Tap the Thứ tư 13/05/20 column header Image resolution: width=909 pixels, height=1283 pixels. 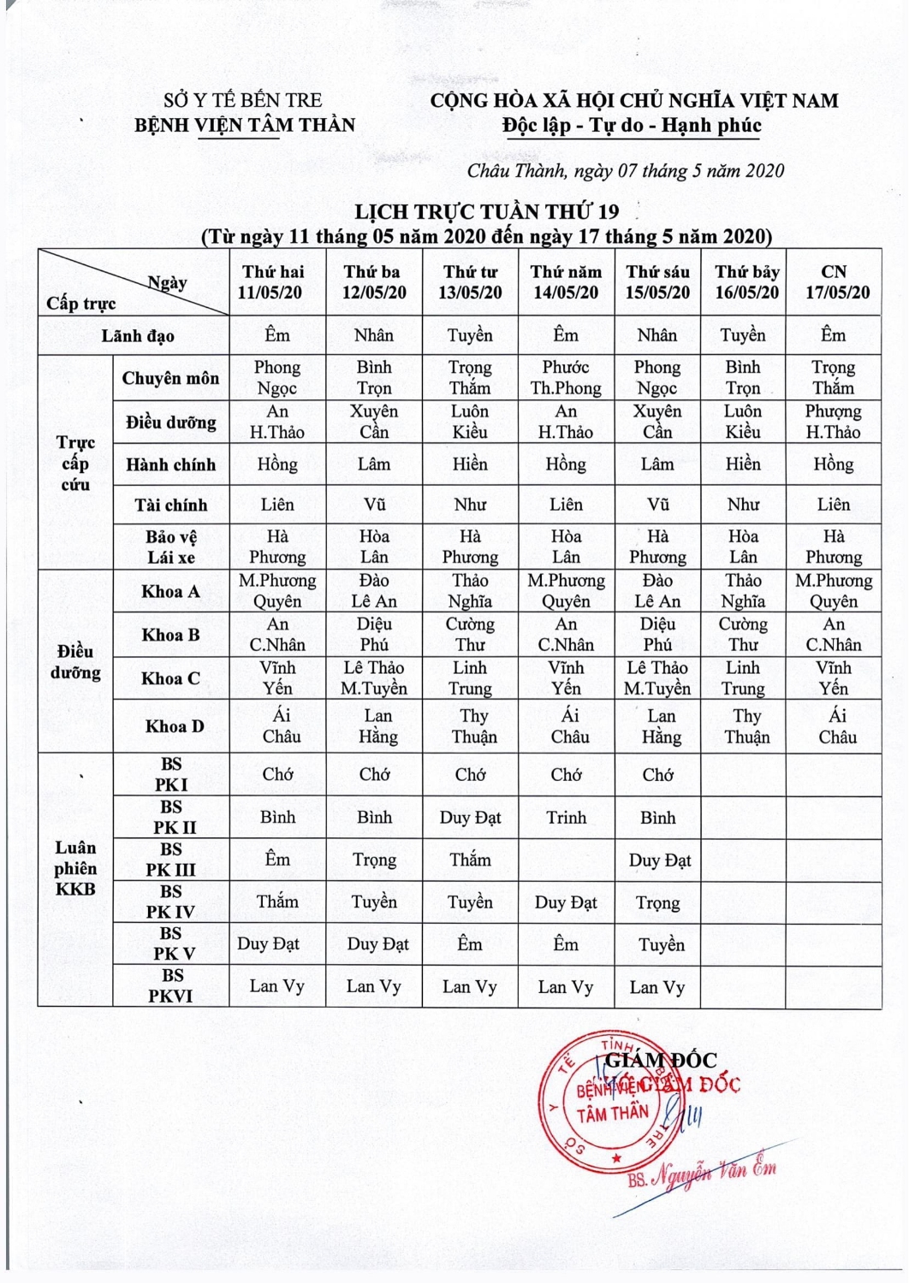click(x=470, y=282)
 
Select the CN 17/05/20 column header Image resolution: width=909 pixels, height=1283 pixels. click(x=833, y=282)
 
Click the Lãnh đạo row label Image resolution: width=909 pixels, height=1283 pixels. click(x=137, y=335)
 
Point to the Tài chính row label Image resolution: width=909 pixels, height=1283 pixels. click(x=170, y=505)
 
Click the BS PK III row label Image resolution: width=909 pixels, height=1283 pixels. click(x=170, y=860)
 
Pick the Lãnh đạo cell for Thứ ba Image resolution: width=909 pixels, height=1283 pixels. click(x=374, y=335)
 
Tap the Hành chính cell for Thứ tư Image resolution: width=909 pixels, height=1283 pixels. click(x=470, y=464)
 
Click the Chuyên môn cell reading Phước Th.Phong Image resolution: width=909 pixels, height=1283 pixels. click(x=566, y=377)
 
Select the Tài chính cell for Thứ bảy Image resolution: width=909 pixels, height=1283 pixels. click(x=743, y=505)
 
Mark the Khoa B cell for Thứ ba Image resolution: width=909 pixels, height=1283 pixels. click(x=374, y=635)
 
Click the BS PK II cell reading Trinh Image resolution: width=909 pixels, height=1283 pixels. click(x=567, y=818)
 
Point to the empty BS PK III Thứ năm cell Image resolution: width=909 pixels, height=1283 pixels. click(x=567, y=860)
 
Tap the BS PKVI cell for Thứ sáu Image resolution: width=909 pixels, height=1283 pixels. click(x=657, y=987)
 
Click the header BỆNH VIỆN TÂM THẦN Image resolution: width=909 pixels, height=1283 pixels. click(x=245, y=125)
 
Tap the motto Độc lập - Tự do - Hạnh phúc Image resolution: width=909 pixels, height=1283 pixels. click(x=632, y=126)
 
